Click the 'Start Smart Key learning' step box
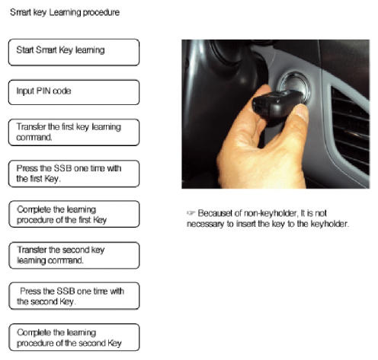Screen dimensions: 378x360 74,53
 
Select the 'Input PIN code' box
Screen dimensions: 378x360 74,92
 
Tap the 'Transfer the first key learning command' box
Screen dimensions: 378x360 74,132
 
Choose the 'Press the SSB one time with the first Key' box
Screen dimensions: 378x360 74,174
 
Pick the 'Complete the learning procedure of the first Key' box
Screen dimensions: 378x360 74,214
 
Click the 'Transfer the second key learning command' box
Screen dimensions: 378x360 74,256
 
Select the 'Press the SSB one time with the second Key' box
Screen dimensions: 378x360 74,296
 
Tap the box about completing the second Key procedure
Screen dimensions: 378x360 74,337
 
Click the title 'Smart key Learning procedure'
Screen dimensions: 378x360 65,12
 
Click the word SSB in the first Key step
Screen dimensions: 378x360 63,168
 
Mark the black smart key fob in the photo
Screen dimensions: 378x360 277,104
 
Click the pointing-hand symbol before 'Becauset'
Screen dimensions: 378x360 191,212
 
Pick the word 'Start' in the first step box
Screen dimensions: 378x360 25,50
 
